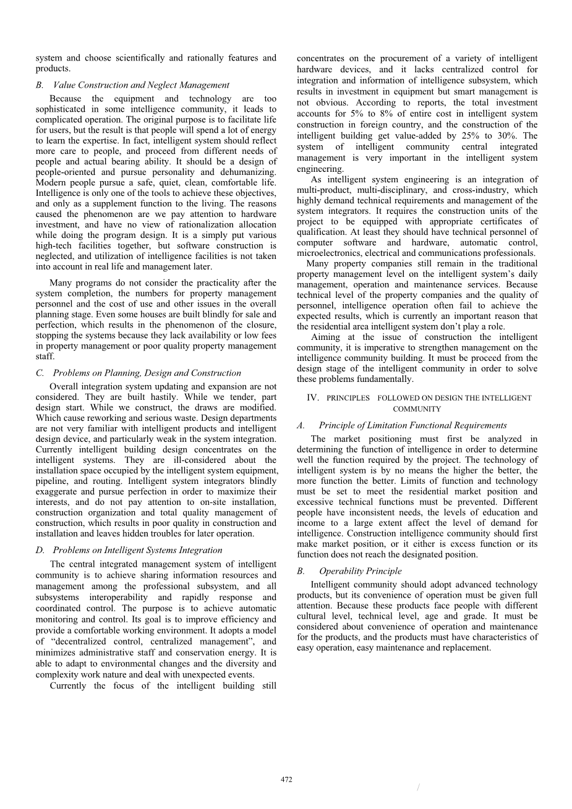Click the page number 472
tap(286, 780)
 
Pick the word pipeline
tap(53, 481)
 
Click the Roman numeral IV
tap(312, 398)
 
